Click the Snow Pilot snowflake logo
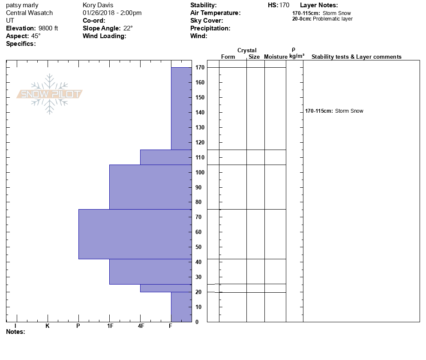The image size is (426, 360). [50, 94]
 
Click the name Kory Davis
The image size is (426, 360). [98, 5]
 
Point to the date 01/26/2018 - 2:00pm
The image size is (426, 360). [112, 13]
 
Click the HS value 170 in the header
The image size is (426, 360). [284, 5]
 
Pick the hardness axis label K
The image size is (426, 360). [48, 326]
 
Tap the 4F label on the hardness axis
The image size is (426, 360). [141, 326]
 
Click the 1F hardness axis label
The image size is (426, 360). [110, 326]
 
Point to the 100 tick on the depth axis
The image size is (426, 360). [199, 172]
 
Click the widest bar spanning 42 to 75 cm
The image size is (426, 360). [135, 234]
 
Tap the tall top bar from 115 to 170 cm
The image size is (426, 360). [181, 108]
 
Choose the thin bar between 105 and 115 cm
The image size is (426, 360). [166, 157]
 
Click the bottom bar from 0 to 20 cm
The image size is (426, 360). [181, 307]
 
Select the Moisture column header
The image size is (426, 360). [276, 57]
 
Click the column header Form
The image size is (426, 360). [228, 57]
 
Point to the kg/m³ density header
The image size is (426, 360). [297, 56]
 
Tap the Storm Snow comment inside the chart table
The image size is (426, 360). [349, 111]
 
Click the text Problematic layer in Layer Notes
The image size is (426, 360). [333, 19]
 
